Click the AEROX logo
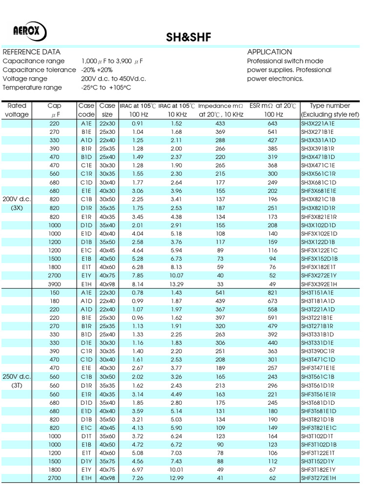tap(30, 33)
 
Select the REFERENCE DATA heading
tap(32, 52)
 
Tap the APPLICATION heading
tap(270, 52)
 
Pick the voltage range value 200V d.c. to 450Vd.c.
tap(113, 79)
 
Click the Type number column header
tap(330, 105)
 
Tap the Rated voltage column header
tap(17, 110)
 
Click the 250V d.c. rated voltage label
tap(17, 376)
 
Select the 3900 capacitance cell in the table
tap(54, 285)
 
